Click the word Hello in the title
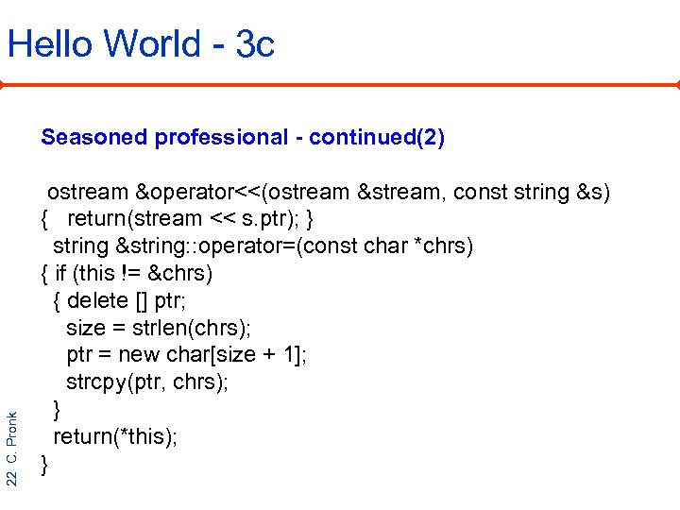[48, 43]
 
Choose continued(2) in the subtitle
[377, 138]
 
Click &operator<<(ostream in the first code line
[243, 193]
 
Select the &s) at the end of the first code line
[593, 193]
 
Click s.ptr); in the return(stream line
[276, 219]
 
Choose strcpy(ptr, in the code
[117, 382]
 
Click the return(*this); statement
[114, 436]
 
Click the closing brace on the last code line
[44, 464]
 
